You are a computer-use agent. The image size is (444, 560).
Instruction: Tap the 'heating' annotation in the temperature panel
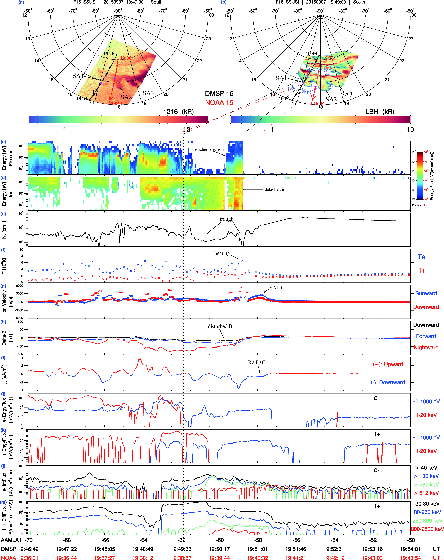(222, 253)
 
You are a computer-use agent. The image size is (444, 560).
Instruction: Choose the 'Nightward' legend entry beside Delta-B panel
(426, 348)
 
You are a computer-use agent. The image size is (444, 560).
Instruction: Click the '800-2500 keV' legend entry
(427, 529)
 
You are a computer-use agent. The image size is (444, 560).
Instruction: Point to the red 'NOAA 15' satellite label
(219, 103)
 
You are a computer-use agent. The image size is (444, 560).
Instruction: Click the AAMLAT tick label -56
(296, 540)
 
